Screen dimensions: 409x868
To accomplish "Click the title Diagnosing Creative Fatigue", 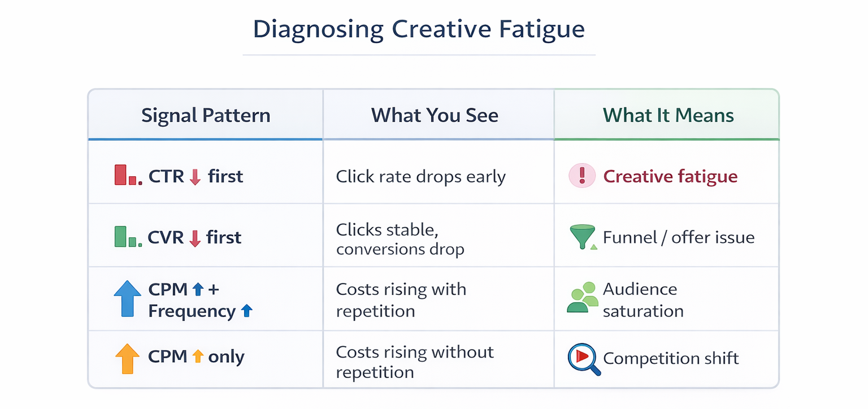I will point(419,30).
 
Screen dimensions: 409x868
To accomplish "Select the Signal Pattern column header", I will point(206,116).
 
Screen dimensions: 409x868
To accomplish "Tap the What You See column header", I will point(435,116).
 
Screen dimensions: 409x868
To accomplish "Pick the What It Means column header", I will point(669,116).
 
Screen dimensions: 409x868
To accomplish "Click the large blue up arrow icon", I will point(128,298).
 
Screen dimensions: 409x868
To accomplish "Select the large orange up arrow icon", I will point(127,358).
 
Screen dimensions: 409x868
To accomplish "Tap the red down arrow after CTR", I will point(196,177).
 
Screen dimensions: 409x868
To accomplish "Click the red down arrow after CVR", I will point(195,238).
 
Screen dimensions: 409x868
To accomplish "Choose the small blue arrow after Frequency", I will point(246,311).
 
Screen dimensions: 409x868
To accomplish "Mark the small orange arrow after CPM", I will point(197,356).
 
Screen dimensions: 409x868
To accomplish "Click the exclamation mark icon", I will point(582,176).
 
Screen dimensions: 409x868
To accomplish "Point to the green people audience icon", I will point(582,298).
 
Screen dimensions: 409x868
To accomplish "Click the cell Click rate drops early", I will point(420,177).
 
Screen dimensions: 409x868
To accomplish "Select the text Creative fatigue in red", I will point(670,177).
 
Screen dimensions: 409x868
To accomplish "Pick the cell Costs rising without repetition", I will point(415,362).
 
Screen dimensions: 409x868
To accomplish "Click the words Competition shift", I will point(671,358).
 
